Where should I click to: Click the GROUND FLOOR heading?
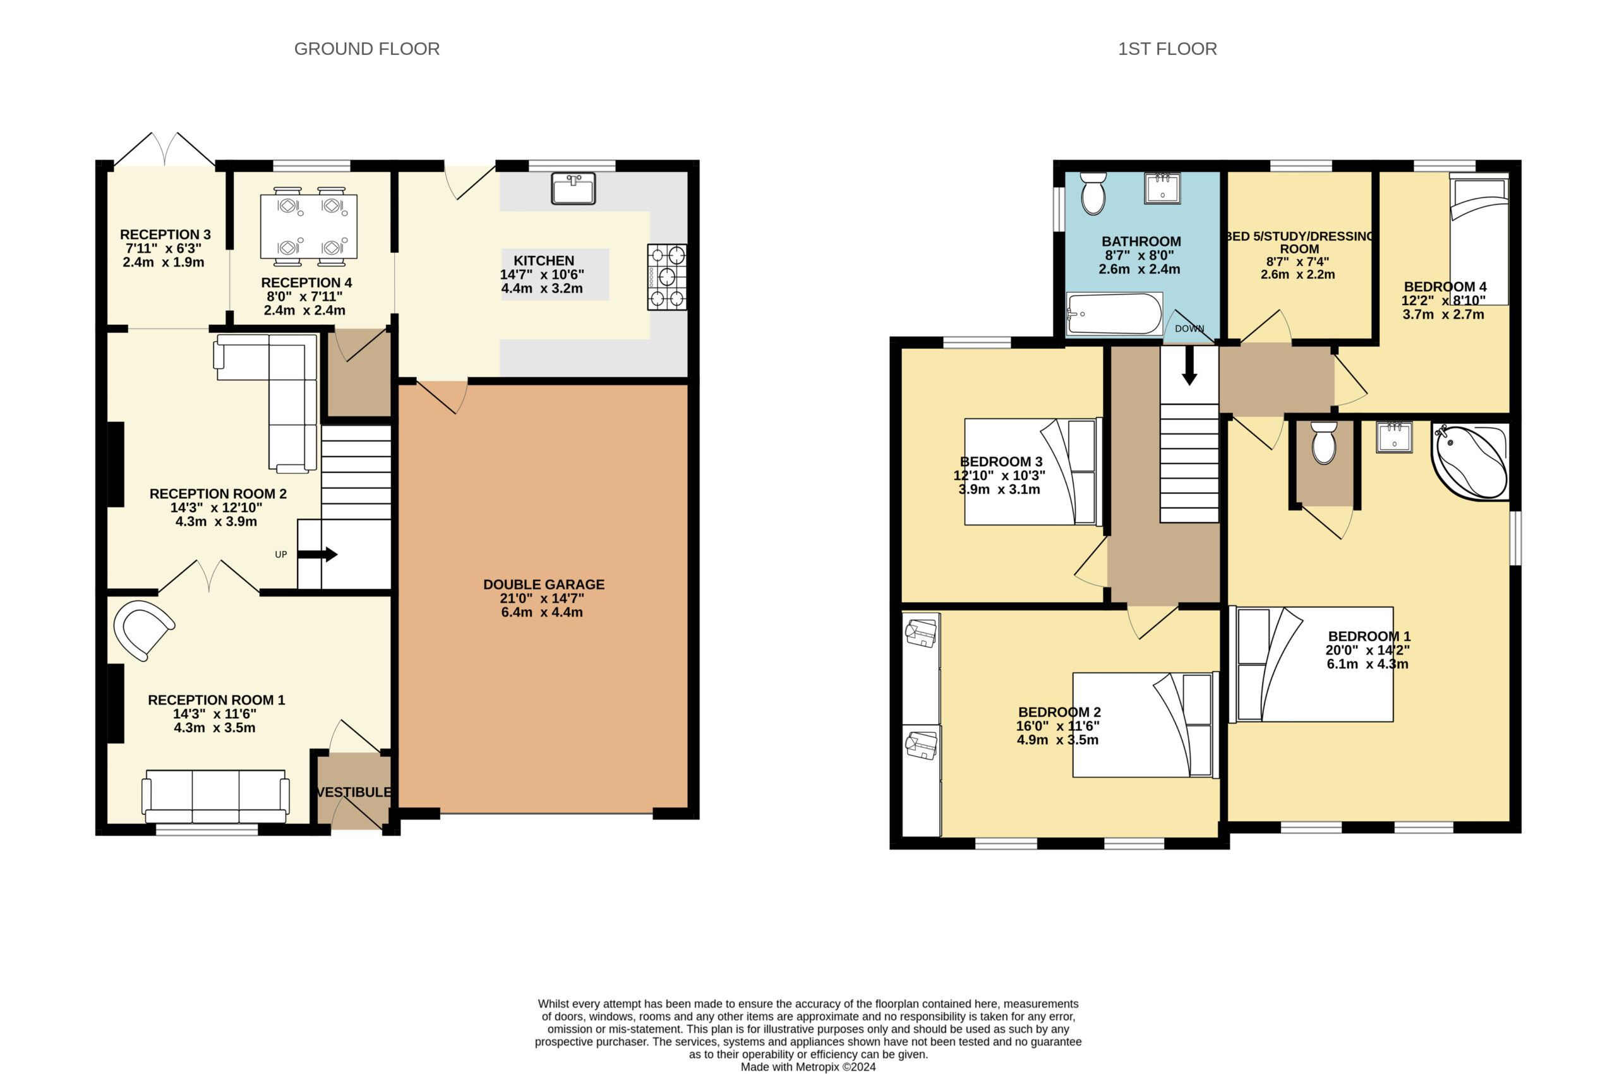click(366, 49)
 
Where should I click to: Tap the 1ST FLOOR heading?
click(1167, 49)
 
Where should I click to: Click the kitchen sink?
click(574, 188)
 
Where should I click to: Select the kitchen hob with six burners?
click(667, 277)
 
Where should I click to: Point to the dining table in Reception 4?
click(309, 227)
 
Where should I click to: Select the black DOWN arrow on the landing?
click(1189, 366)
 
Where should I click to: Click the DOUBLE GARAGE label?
click(544, 584)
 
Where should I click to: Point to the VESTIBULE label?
click(354, 792)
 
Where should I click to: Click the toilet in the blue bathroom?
click(1093, 193)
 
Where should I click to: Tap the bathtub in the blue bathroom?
click(1114, 315)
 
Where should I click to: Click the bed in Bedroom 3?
click(1033, 472)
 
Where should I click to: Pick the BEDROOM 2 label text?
click(1059, 713)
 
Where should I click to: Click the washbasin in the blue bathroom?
click(1162, 188)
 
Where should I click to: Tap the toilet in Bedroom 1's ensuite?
click(1324, 442)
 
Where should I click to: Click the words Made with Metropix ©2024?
click(808, 1066)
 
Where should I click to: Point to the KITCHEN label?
click(544, 260)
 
